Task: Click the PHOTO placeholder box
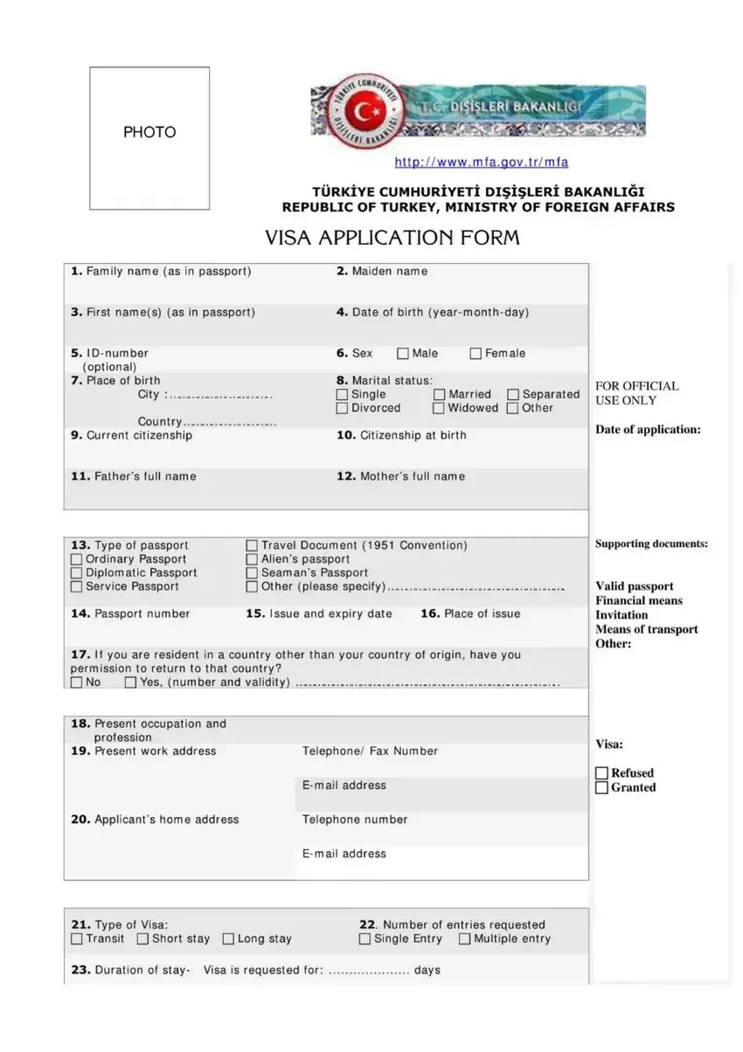pos(149,138)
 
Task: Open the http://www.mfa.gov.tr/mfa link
pos(482,162)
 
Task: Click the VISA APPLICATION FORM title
pos(392,238)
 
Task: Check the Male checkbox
pos(403,354)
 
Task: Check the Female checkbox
pos(476,354)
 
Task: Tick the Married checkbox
pos(440,395)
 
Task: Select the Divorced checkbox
pos(343,408)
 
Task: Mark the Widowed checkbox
pos(440,408)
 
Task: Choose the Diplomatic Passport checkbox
pos(77,573)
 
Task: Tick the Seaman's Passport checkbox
pos(253,573)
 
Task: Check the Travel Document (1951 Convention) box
pos(253,545)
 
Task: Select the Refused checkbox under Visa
pos(601,773)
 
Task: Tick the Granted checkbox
pos(601,787)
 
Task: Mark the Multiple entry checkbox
pos(464,939)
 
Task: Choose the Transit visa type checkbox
pos(77,939)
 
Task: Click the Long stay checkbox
pos(228,939)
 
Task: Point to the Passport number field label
pos(130,614)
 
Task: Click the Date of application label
pos(648,430)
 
